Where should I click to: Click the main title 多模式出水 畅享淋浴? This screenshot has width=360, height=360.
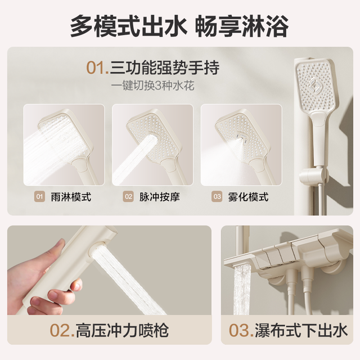pos(179,26)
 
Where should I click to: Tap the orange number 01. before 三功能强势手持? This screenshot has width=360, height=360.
pos(97,67)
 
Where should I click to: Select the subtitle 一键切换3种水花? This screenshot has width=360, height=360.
pos(152,86)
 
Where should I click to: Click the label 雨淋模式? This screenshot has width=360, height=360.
pos(71,197)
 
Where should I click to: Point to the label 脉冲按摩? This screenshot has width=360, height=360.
pos(160,197)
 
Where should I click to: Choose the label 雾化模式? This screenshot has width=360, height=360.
pos(248,197)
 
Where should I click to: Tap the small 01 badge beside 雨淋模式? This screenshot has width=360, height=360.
pos(39,197)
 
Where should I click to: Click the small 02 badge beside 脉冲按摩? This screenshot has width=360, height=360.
pos(128,197)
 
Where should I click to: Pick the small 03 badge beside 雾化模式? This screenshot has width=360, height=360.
pos(217,197)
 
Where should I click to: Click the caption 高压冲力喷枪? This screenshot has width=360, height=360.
pos(122,330)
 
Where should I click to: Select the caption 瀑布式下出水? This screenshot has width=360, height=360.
pos(301,330)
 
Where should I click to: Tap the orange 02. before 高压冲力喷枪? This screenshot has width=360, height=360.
pos(62,331)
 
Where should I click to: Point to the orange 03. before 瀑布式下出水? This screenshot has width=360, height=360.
pos(241,331)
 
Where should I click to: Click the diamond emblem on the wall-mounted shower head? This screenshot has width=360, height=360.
pos(315,87)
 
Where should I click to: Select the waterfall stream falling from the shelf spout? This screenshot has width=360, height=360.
pos(241,290)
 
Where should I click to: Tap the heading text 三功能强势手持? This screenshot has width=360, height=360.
pos(165,67)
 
